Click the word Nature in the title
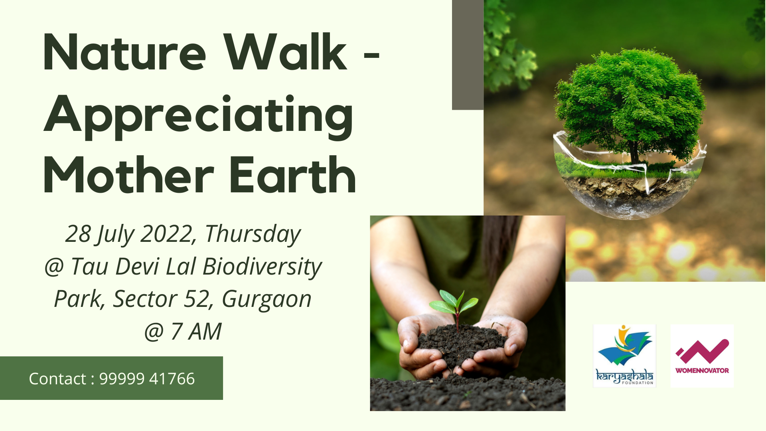124,53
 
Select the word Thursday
253,234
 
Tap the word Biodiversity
262,267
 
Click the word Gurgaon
267,300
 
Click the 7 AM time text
196,332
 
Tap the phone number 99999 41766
147,379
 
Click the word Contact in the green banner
57,379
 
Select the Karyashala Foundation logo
624,356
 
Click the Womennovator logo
702,356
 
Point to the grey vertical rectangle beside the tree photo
468,55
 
